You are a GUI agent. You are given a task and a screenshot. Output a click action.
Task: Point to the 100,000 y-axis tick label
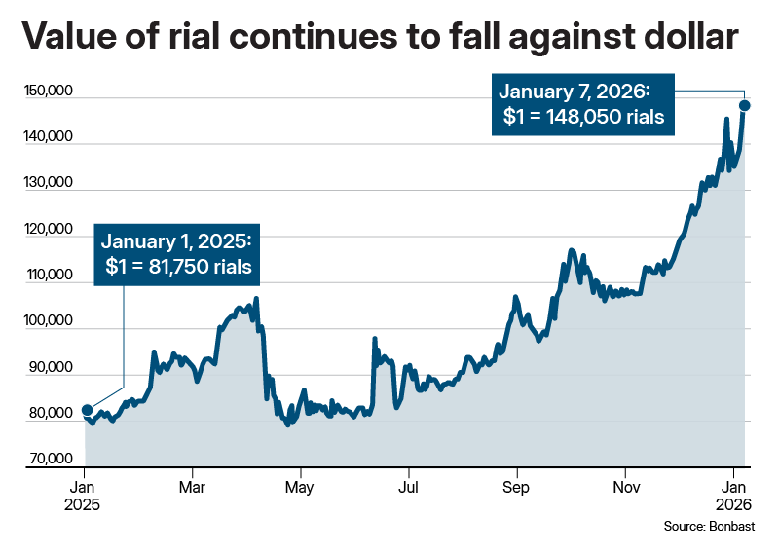[x=48, y=322]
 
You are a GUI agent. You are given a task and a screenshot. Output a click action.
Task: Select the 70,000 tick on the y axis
[x=50, y=460]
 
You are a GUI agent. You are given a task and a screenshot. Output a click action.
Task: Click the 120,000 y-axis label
[x=48, y=231]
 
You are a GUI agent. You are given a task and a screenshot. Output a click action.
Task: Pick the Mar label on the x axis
[x=193, y=485]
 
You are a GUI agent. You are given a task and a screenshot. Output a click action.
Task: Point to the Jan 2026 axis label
[x=731, y=495]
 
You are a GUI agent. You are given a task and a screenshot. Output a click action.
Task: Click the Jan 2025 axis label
[x=83, y=495]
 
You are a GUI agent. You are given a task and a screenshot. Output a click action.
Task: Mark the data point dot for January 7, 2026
[x=745, y=105]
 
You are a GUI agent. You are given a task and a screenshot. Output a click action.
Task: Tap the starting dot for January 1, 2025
[x=87, y=410]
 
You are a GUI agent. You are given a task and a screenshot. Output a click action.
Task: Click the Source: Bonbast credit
[x=716, y=527]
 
